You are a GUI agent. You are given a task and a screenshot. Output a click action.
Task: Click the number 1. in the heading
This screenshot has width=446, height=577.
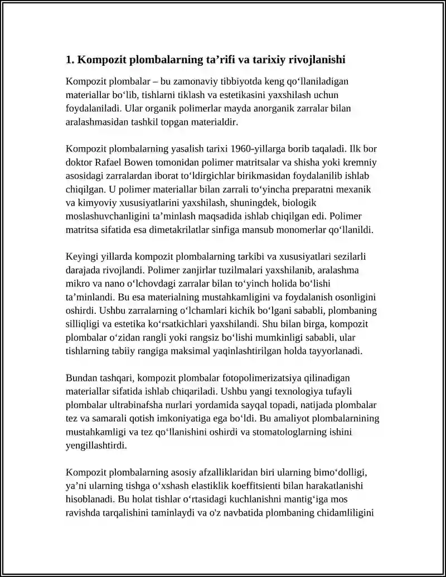(x=70, y=59)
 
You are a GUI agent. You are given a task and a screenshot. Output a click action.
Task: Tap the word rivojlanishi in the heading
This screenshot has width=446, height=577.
(x=319, y=59)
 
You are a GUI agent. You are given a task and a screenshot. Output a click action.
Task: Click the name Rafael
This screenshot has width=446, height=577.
(x=112, y=162)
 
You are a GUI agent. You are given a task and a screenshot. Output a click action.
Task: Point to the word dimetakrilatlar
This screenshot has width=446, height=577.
(x=169, y=229)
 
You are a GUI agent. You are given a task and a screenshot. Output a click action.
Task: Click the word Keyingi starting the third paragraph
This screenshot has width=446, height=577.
(x=82, y=256)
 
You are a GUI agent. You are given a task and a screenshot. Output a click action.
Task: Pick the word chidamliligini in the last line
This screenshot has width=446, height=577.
(x=348, y=512)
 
